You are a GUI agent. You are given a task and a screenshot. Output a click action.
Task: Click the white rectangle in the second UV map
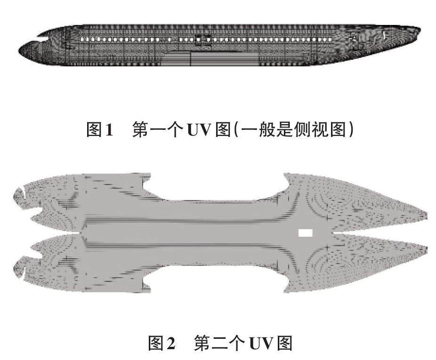click(x=306, y=232)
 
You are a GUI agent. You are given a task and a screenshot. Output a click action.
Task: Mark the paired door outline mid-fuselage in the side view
click(x=201, y=40)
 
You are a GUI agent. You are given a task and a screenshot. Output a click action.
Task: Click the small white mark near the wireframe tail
click(x=385, y=35)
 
